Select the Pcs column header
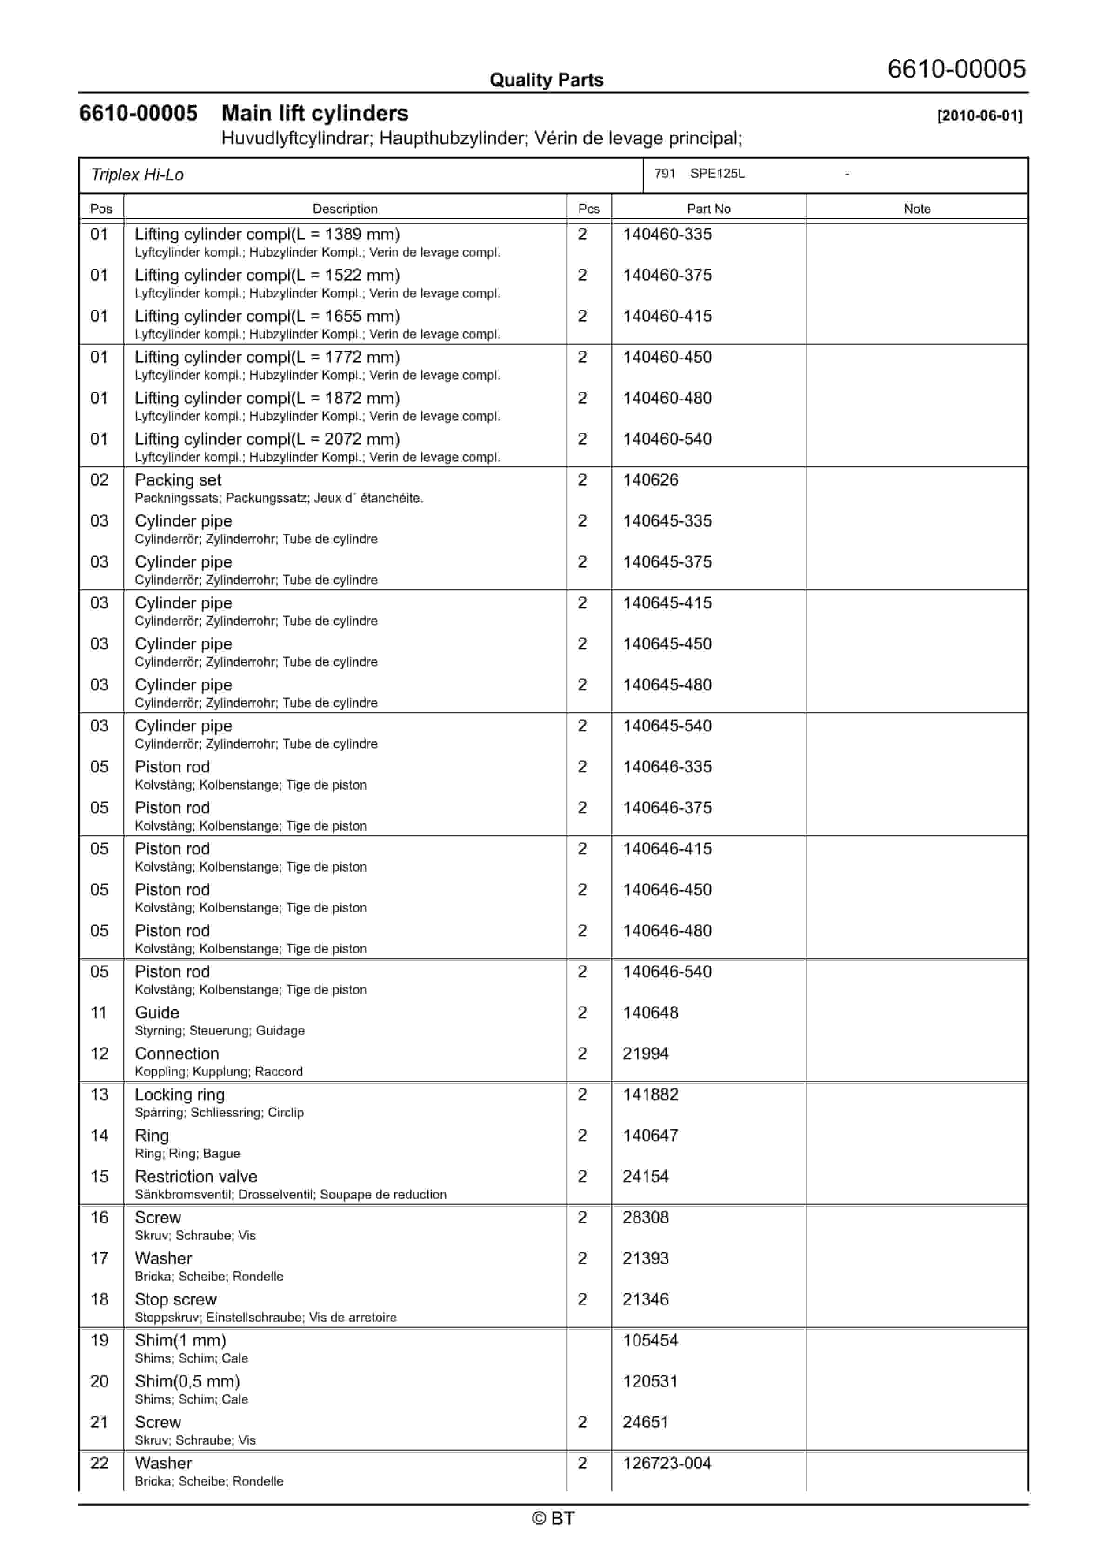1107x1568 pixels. (588, 209)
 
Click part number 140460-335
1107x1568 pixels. (667, 234)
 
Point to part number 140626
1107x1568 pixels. (650, 480)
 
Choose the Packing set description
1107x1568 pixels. (178, 480)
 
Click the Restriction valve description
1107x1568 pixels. (196, 1176)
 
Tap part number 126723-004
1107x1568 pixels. (667, 1464)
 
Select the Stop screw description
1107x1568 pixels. (175, 1300)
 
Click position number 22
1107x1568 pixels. (100, 1464)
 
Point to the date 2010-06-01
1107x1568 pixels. (980, 116)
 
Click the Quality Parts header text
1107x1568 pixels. (546, 80)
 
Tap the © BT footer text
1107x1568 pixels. (553, 1518)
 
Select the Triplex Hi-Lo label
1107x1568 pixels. (137, 175)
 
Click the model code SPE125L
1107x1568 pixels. (717, 174)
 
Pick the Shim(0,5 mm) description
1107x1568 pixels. (187, 1382)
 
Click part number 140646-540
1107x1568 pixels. (667, 972)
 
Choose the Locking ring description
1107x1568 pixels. (180, 1095)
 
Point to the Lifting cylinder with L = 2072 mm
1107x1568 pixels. (267, 439)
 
